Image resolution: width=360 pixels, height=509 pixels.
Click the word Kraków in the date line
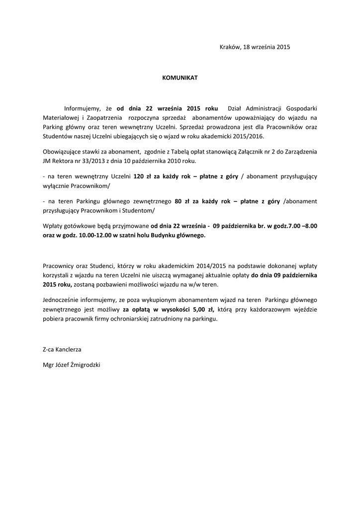(229, 47)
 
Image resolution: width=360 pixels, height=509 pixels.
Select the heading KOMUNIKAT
(180, 78)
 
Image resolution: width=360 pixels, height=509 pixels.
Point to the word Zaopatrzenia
(106, 118)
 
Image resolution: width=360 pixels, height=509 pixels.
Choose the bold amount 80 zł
(181, 201)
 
